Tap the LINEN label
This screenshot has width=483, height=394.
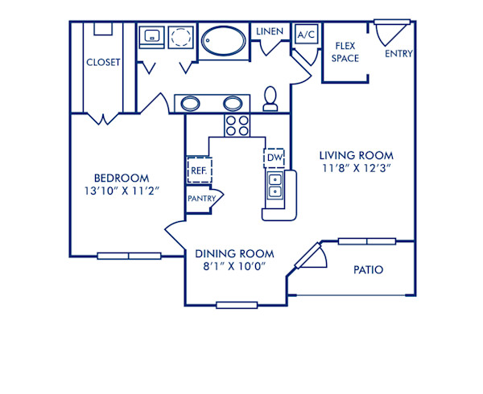269,31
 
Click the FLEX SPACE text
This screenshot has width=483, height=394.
346,52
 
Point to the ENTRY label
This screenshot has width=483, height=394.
400,55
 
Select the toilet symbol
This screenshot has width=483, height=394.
271,100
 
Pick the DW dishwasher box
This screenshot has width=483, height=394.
275,158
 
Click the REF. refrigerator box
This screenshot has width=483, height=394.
199,170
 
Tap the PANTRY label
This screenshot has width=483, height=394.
200,199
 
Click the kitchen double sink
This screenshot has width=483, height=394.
275,186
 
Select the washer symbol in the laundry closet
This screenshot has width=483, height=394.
152,37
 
